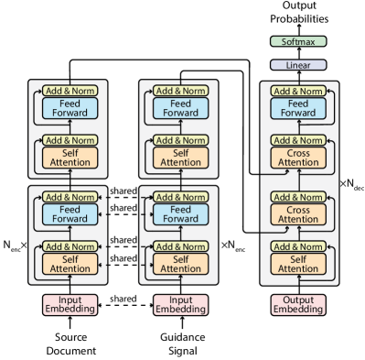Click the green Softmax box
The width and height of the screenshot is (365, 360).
click(298, 41)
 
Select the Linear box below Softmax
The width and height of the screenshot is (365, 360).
click(298, 65)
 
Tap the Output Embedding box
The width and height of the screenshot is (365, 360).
click(298, 304)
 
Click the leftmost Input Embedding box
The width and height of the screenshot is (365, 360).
click(70, 304)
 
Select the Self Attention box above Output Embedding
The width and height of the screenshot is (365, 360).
click(298, 264)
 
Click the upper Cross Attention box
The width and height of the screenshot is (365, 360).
click(298, 157)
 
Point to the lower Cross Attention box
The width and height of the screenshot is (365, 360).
click(298, 214)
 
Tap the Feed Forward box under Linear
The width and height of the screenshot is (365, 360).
click(298, 108)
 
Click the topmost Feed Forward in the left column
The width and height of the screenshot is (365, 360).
click(70, 108)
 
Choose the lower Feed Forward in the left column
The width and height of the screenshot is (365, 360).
click(70, 214)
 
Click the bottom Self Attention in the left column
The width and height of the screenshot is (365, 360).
click(70, 264)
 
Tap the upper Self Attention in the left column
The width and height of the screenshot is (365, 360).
click(70, 157)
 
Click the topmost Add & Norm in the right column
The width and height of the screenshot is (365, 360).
click(298, 91)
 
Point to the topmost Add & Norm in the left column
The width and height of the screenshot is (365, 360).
click(70, 91)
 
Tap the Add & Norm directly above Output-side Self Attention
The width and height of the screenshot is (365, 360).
click(298, 246)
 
